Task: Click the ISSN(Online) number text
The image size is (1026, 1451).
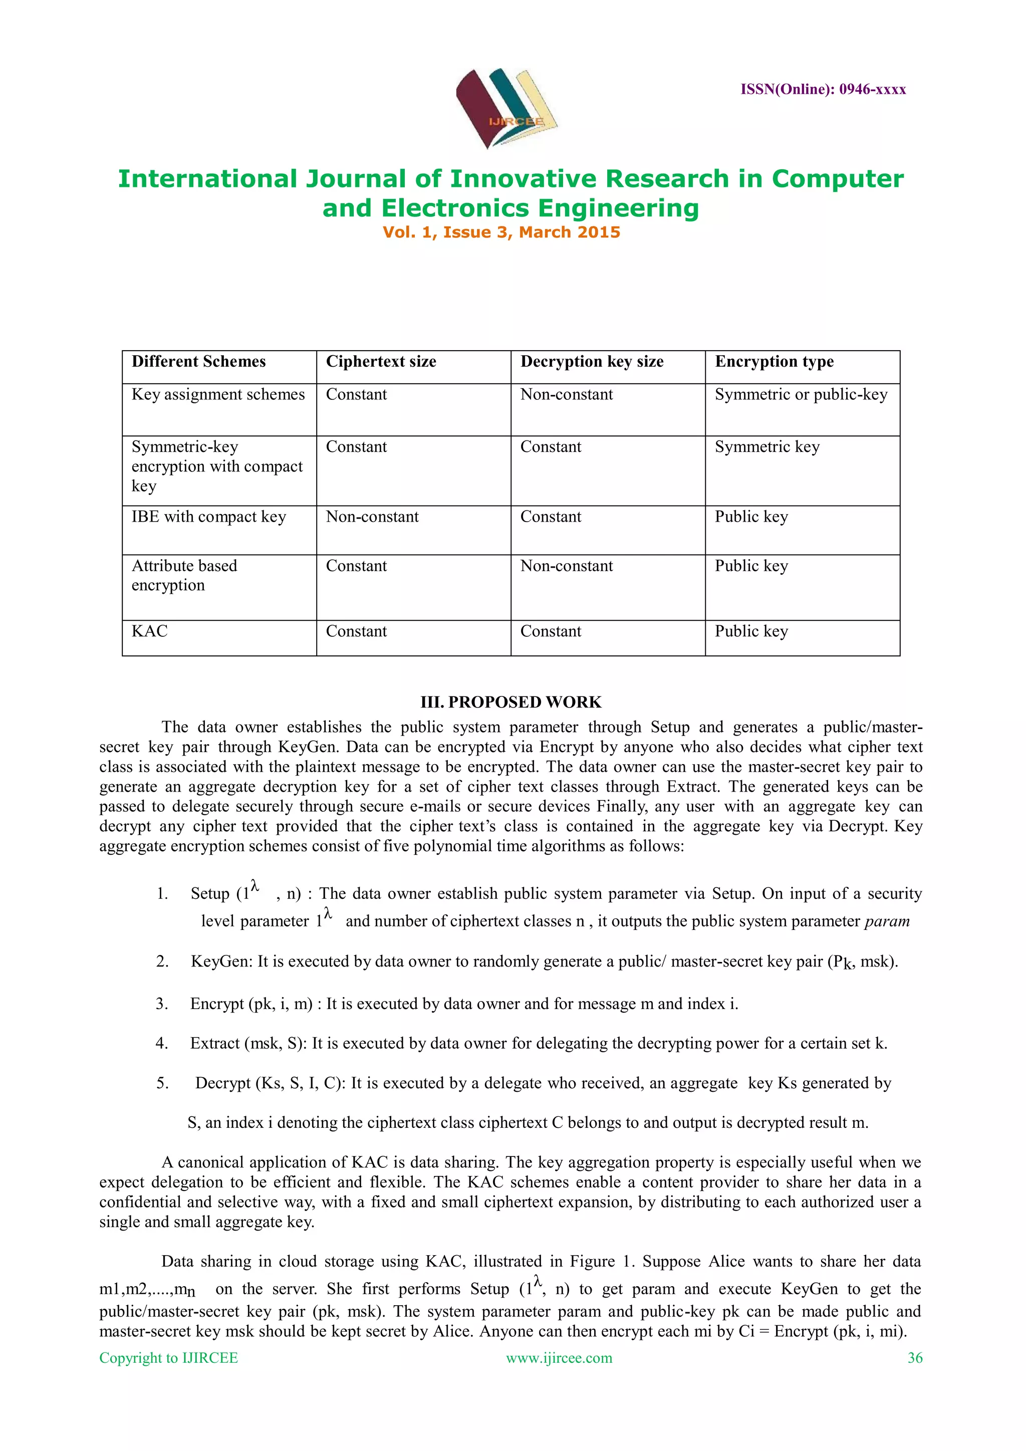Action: coord(823,90)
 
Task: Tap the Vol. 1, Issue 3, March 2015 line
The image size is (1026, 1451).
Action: coord(501,232)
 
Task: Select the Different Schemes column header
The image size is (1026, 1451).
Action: coord(198,361)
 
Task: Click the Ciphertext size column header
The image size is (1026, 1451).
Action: coord(381,361)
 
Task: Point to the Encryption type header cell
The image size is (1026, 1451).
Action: coord(774,361)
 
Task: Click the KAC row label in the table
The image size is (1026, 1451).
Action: coord(150,631)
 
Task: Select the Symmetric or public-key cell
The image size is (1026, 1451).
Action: coord(801,394)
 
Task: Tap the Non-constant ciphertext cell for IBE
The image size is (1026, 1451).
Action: coord(372,517)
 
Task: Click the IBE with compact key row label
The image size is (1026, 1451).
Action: coord(208,517)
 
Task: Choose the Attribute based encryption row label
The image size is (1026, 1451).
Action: coord(184,575)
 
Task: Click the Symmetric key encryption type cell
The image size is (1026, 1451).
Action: coord(767,447)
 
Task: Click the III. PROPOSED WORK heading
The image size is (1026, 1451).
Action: coord(510,702)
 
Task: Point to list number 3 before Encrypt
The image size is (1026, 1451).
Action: coord(162,1004)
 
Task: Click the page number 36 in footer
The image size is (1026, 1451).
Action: coord(914,1357)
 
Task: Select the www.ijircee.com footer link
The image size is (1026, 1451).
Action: coord(559,1357)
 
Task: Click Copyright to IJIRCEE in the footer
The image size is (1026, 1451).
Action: coord(169,1357)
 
